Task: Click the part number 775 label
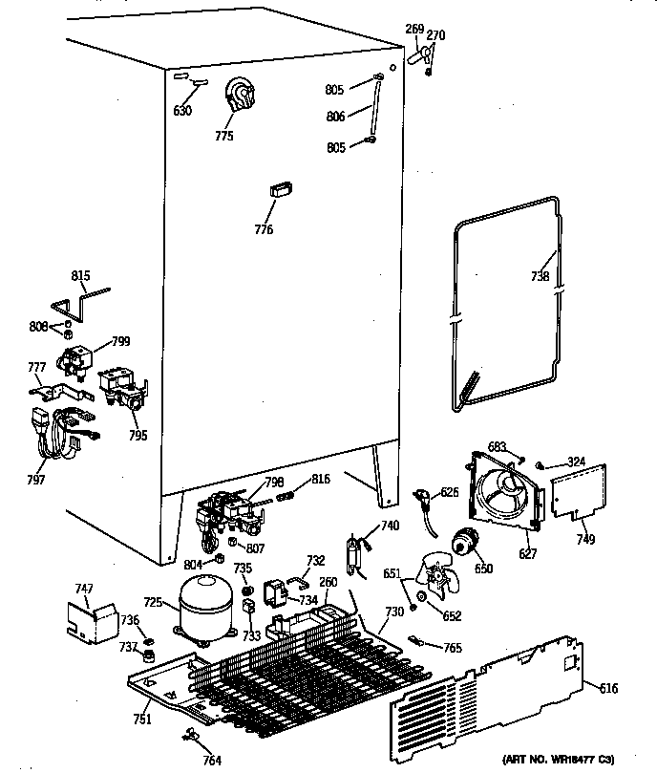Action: click(223, 136)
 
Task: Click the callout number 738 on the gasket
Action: click(540, 277)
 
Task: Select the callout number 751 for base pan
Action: click(140, 720)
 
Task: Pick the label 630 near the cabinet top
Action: click(182, 111)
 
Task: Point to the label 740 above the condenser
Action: click(390, 526)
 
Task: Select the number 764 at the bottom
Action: click(211, 761)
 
